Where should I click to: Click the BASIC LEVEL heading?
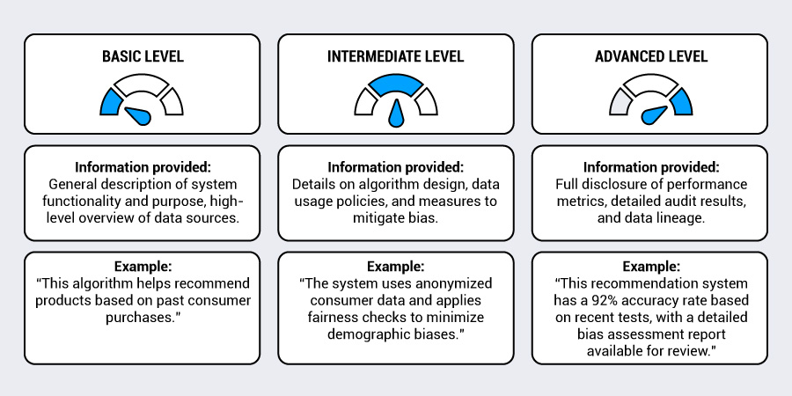pos(143,56)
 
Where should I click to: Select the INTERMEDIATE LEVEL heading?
pos(395,56)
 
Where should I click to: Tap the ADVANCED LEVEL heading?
pos(651,56)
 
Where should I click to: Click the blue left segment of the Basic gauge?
pos(111,101)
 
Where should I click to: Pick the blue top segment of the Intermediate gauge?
pos(395,84)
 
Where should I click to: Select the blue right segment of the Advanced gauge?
pos(682,101)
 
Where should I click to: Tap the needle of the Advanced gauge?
pos(654,115)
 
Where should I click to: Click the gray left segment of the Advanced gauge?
pos(619,101)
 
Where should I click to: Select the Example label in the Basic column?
pos(142,266)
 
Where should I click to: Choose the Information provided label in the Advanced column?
pos(651,166)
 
